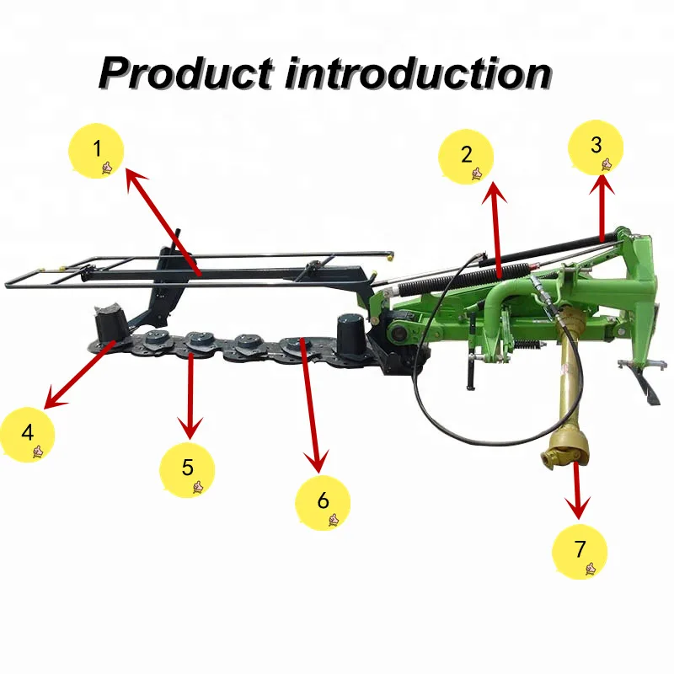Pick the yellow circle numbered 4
coord(28,434)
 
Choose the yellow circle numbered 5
coord(187,468)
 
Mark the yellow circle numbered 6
coord(323,501)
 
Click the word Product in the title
coord(185,74)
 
